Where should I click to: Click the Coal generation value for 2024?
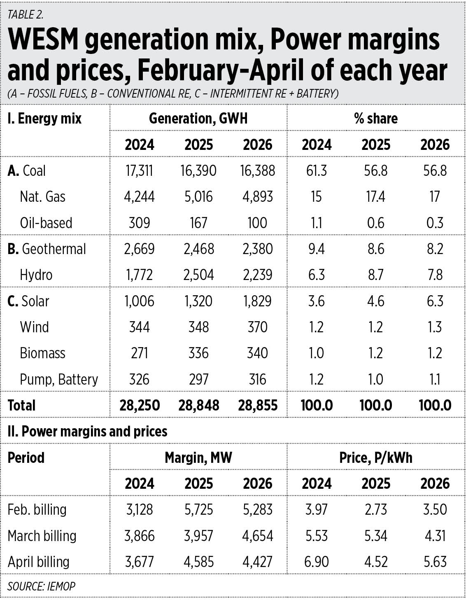click(x=139, y=170)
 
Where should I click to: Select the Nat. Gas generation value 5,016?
click(x=198, y=197)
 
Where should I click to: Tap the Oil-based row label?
click(x=46, y=223)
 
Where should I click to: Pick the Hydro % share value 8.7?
click(x=376, y=275)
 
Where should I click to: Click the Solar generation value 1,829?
click(x=258, y=301)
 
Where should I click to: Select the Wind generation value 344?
click(x=140, y=327)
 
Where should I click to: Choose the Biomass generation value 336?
click(x=198, y=353)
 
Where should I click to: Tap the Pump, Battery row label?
click(x=59, y=379)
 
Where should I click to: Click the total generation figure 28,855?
click(x=258, y=406)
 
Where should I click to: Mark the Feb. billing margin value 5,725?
click(x=198, y=510)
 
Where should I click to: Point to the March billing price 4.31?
click(x=435, y=536)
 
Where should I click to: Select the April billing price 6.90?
click(x=317, y=562)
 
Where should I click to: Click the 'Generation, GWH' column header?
click(x=198, y=119)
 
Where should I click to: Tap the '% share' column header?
click(x=376, y=119)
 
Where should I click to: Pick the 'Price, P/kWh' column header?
click(x=376, y=457)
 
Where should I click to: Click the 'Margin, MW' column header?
click(x=198, y=457)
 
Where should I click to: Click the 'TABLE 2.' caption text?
click(x=26, y=15)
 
